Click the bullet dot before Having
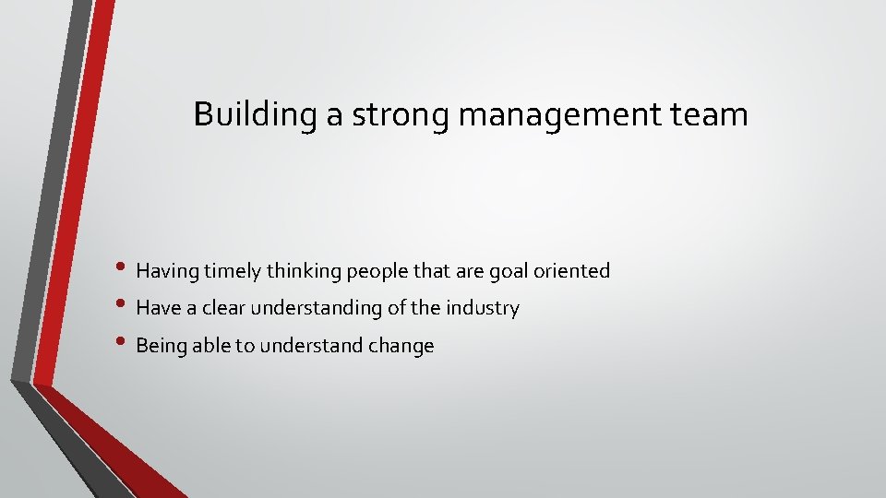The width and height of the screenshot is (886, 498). (x=126, y=270)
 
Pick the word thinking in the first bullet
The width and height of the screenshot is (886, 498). (x=302, y=271)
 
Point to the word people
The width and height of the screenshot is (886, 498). (x=373, y=271)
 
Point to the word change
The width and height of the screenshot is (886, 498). (x=401, y=346)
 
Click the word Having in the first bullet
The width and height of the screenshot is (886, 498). (x=166, y=271)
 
